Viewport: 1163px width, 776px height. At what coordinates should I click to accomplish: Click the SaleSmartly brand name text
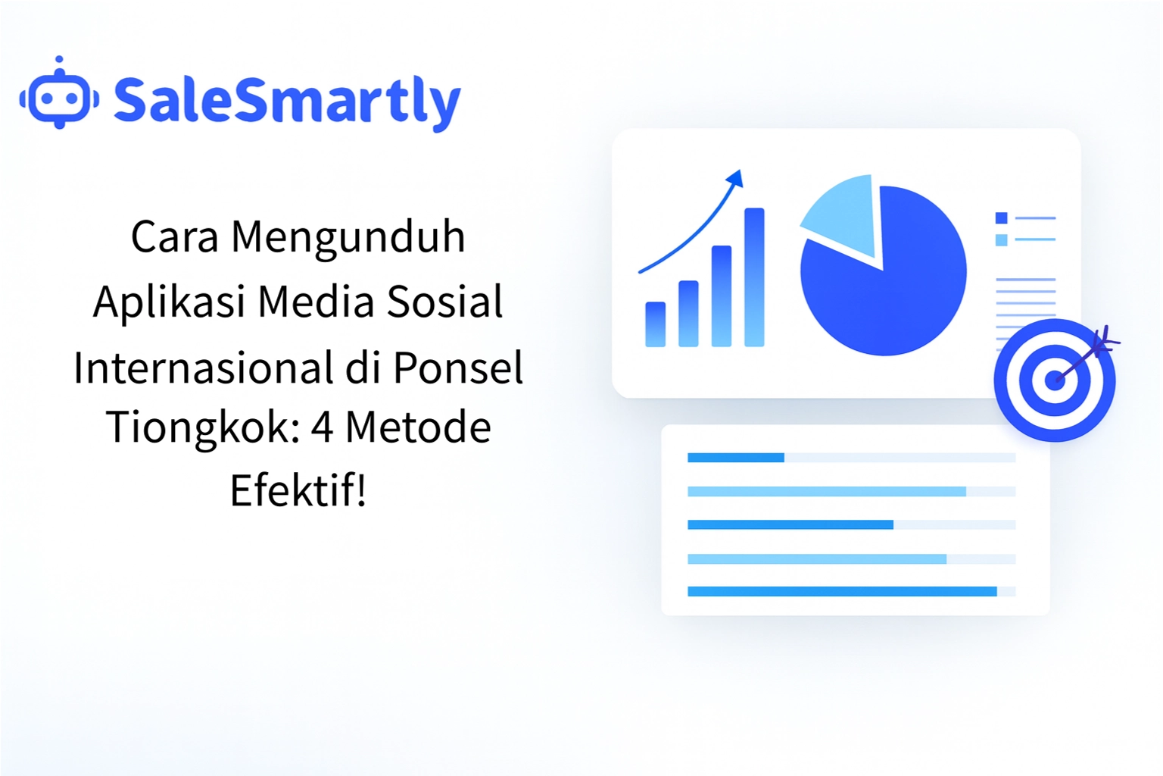click(x=286, y=101)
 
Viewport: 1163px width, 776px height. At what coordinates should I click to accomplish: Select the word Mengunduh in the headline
click(x=348, y=236)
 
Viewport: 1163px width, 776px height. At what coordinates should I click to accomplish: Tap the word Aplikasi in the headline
click(x=169, y=302)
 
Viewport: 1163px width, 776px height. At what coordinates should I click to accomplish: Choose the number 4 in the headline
click(x=322, y=427)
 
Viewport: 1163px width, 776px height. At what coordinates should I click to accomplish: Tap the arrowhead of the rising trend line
click(x=735, y=179)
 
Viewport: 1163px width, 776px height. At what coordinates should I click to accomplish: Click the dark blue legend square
click(x=1001, y=218)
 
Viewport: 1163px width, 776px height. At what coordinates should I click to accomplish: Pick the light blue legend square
click(x=1001, y=240)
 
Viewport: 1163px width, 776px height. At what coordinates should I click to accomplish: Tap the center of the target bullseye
click(x=1054, y=380)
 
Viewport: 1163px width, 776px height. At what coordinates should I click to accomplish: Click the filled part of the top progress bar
click(x=735, y=458)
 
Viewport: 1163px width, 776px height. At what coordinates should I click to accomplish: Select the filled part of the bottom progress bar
click(x=841, y=592)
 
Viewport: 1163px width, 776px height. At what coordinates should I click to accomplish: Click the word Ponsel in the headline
click(x=458, y=368)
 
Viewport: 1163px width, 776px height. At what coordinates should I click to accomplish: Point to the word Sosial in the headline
click(x=444, y=302)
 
